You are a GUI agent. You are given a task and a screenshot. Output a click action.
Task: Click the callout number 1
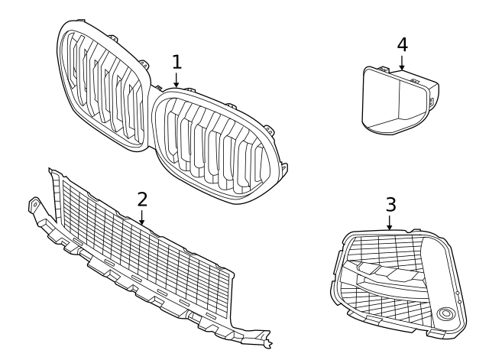176,62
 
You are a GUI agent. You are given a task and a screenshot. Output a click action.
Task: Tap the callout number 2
142,199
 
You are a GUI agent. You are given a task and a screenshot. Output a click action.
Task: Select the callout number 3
390,205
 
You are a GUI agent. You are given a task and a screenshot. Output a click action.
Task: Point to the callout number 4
403,44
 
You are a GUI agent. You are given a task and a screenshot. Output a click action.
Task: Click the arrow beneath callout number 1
176,79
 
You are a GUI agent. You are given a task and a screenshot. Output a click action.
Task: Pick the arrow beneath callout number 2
142,217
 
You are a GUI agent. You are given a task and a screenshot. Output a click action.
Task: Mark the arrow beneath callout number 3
389,222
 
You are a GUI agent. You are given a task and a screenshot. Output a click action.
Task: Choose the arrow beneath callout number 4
402,63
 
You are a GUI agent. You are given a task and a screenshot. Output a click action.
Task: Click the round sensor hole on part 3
445,313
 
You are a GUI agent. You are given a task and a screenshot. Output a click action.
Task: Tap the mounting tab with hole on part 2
34,205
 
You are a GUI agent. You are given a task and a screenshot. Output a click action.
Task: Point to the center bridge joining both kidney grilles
153,92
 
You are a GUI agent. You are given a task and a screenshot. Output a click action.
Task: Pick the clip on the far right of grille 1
283,169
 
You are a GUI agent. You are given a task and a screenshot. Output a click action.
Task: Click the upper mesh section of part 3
387,250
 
